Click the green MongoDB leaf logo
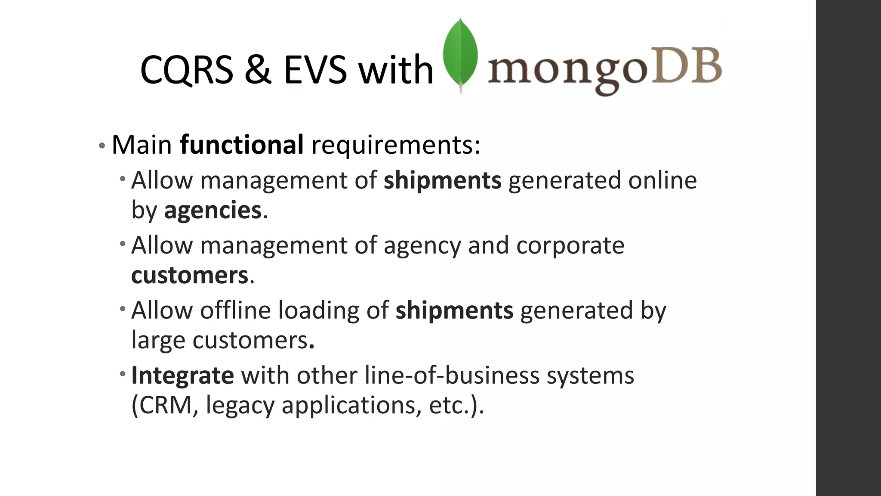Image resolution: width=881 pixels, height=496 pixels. click(460, 55)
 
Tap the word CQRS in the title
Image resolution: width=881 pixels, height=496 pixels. click(186, 70)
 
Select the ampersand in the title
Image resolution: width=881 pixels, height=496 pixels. click(258, 70)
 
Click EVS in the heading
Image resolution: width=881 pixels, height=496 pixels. click(315, 70)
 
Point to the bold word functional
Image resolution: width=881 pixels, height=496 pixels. click(242, 145)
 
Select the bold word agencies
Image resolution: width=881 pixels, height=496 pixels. click(213, 211)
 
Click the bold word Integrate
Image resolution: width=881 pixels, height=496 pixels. click(182, 375)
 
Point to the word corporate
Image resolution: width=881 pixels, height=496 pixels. click(570, 246)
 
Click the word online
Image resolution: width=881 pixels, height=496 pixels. click(662, 180)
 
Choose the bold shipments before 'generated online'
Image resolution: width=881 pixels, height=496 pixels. click(442, 180)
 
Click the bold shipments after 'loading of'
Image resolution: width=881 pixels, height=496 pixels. click(454, 310)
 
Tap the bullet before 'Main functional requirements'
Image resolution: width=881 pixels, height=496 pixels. click(102, 146)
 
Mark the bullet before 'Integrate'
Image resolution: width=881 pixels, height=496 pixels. click(123, 372)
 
